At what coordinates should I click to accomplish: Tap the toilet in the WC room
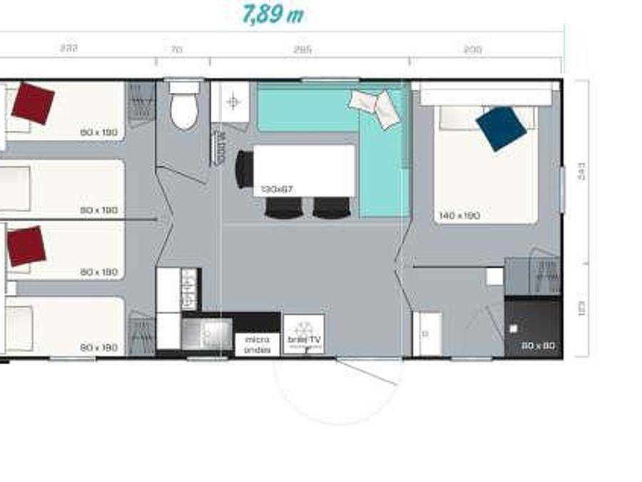(x=184, y=107)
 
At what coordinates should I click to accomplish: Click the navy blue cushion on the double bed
(x=501, y=129)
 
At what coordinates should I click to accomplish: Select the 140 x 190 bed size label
(x=459, y=215)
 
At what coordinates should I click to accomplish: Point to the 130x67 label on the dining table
(x=276, y=189)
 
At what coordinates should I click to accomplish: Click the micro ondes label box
(x=257, y=344)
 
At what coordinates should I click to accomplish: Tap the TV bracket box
(x=304, y=333)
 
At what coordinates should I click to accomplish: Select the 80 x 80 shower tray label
(x=538, y=346)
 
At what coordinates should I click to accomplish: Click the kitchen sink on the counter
(x=207, y=333)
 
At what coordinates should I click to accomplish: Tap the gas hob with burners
(x=190, y=288)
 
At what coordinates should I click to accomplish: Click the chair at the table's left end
(x=245, y=170)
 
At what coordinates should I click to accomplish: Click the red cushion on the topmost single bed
(x=33, y=103)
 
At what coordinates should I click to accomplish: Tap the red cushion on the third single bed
(x=26, y=246)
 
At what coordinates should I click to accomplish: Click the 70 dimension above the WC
(x=177, y=49)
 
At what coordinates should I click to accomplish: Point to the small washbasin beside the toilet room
(x=231, y=102)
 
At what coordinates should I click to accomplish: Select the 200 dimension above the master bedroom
(x=472, y=49)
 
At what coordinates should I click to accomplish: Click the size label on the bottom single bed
(x=98, y=348)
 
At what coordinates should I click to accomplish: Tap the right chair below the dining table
(x=332, y=207)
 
